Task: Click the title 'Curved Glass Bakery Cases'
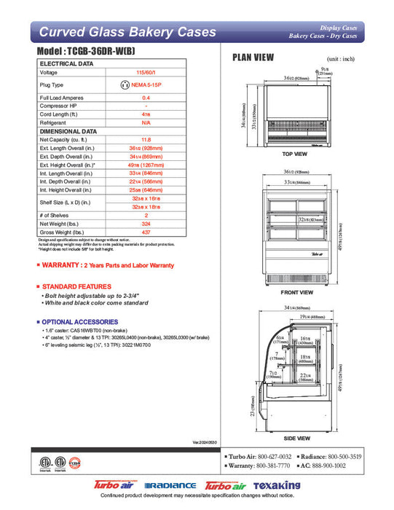point(127,31)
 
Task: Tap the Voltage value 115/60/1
point(146,72)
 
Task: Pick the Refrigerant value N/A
point(146,123)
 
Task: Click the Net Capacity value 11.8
point(146,138)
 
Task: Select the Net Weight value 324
point(146,224)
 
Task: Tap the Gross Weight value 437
point(146,232)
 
